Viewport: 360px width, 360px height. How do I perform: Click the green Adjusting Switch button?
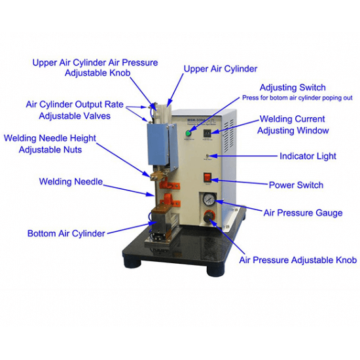coord(189,133)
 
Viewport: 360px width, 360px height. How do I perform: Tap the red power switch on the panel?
coord(207,177)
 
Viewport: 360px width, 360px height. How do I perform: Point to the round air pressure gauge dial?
coord(209,199)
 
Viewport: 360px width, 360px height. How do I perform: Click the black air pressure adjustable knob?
coord(208,217)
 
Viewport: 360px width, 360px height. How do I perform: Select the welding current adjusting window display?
coord(207,133)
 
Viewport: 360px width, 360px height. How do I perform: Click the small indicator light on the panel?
coord(207,155)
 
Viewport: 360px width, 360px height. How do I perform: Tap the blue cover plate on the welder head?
coord(158,144)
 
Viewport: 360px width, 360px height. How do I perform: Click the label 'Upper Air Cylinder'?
coord(221,69)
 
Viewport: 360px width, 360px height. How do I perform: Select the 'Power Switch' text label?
coord(296,185)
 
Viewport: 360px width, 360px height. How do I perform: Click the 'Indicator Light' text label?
coord(308,156)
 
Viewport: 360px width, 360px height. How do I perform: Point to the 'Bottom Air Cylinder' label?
coord(66,233)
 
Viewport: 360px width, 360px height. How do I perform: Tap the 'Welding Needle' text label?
coord(71,181)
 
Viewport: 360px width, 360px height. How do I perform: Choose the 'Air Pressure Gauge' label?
coord(303,213)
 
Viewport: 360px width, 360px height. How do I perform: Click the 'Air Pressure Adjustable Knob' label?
coord(298,260)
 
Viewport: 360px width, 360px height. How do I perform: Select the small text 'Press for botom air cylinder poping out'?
coord(297,98)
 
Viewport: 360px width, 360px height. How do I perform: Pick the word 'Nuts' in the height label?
coord(73,150)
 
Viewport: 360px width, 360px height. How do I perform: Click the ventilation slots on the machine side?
coord(229,136)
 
